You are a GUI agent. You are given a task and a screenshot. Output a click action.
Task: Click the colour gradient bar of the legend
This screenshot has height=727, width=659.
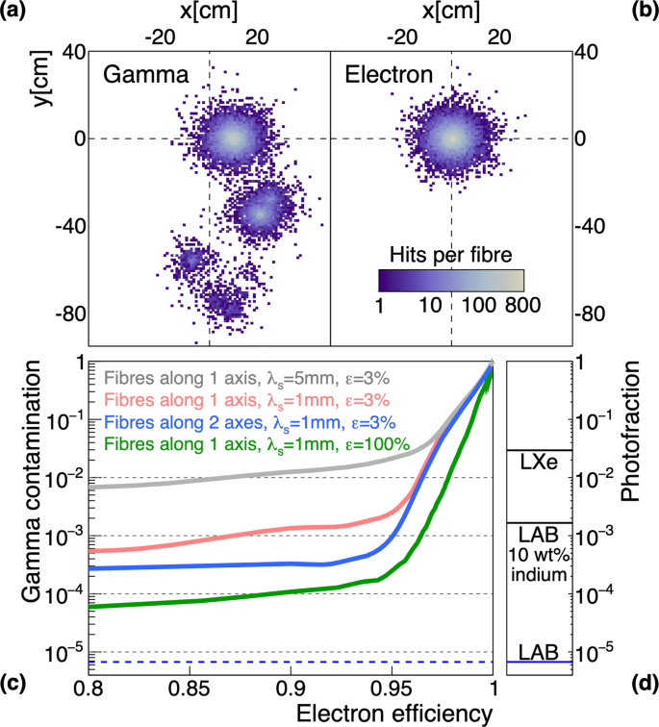(x=450, y=280)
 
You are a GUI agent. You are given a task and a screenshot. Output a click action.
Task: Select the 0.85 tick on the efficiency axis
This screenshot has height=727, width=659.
(x=189, y=689)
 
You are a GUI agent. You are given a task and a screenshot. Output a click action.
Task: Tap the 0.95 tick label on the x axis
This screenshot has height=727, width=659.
(x=392, y=689)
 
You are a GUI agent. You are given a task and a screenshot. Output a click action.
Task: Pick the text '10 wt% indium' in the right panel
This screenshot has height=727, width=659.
(x=540, y=562)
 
